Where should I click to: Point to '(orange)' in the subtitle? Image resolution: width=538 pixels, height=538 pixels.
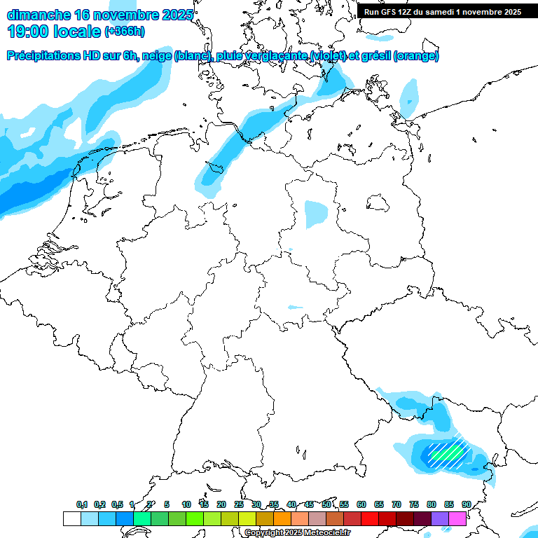(417, 56)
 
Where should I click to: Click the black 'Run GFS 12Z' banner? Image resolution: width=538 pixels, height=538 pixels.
(442, 11)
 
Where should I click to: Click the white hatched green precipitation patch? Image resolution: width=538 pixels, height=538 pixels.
(446, 456)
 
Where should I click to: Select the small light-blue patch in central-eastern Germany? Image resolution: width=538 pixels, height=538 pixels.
(316, 214)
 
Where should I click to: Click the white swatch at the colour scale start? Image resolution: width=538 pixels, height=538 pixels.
(71, 518)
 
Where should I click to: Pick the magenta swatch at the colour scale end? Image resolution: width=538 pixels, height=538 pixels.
(457, 518)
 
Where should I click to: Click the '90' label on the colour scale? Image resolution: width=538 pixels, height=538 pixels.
(466, 504)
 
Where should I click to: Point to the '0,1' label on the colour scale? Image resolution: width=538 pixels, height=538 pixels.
(82, 504)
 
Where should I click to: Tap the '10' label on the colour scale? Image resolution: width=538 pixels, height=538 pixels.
(186, 504)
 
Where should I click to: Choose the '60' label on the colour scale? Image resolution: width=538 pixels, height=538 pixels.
(361, 504)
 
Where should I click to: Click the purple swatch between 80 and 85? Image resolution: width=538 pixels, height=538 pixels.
(440, 518)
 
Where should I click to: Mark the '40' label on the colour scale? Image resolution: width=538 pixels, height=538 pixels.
(291, 504)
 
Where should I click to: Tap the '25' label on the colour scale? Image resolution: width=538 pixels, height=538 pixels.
(239, 504)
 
